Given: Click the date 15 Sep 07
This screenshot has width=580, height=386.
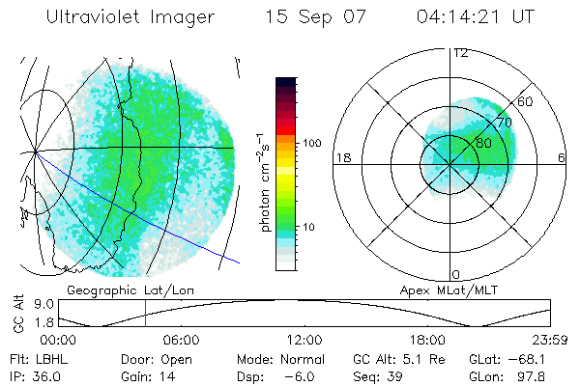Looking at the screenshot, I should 310,16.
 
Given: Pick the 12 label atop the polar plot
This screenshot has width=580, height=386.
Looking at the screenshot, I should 460,52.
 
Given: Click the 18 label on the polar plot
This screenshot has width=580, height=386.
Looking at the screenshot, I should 341,157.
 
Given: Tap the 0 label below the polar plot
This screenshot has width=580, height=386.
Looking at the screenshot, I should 456,274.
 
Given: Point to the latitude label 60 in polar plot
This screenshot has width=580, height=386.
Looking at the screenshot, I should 526,101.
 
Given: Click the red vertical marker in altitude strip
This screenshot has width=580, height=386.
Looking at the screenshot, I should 145,313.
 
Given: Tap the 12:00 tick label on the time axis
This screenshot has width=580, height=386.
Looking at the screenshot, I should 304,340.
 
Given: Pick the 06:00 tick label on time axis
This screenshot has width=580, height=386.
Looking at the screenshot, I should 181,340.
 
